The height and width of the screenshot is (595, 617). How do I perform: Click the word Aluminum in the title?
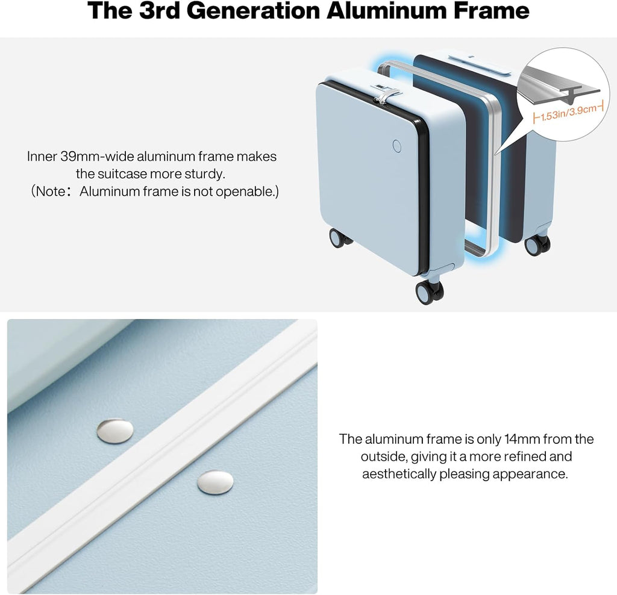tap(386, 11)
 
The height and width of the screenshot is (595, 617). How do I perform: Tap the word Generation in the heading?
tap(253, 11)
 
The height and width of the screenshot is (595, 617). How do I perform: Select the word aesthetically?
tap(399, 474)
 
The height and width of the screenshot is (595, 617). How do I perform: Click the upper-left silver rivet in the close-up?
tap(115, 431)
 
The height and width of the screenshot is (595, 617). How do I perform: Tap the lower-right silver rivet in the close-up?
tap(215, 482)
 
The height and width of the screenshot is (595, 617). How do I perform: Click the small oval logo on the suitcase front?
tap(397, 146)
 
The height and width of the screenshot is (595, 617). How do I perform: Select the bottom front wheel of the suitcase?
tap(429, 292)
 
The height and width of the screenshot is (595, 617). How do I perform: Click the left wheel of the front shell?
tap(339, 238)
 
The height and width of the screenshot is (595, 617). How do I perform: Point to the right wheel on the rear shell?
tap(537, 245)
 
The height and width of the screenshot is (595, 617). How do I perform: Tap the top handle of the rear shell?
tap(479, 64)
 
